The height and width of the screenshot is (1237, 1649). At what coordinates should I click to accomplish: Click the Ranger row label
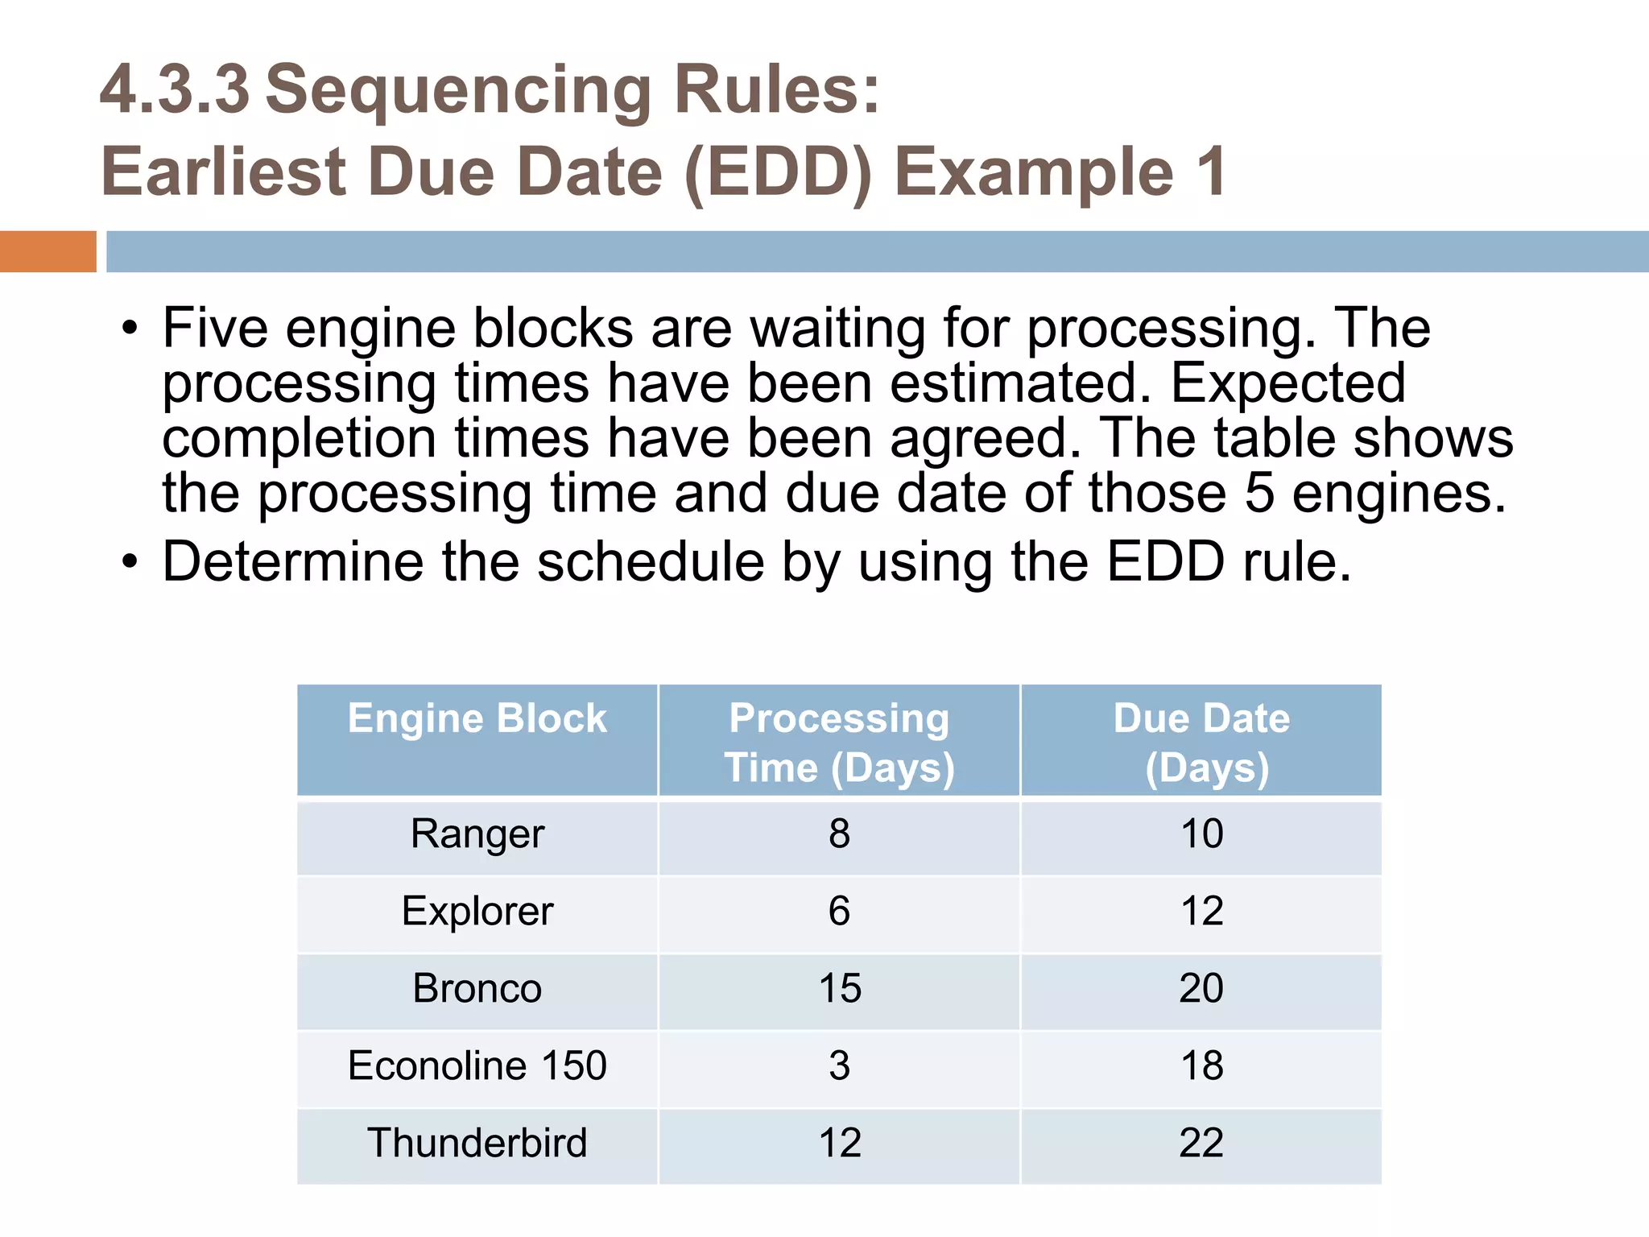(477, 834)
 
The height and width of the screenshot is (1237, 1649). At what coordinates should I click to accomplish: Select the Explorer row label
(477, 912)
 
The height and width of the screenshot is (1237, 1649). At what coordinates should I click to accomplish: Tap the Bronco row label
(477, 989)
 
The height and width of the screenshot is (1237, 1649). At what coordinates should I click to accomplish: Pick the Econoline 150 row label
(477, 1066)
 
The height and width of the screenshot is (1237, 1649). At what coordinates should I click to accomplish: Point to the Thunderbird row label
(477, 1144)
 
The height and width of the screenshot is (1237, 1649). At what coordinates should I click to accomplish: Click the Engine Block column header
(477, 718)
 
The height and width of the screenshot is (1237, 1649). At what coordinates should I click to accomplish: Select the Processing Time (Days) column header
(839, 742)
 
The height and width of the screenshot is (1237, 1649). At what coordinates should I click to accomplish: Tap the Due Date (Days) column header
(1201, 742)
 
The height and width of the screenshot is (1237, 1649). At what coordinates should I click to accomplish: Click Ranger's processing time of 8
(839, 834)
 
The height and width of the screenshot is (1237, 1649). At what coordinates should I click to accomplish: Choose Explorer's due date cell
(1201, 912)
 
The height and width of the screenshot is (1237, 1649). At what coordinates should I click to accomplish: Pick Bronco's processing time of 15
(839, 989)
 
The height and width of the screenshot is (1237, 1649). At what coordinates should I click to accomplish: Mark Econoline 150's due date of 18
(1201, 1066)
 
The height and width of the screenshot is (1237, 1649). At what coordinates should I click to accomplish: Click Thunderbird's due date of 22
(1201, 1144)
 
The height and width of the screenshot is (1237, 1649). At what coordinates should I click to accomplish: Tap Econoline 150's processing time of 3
(839, 1066)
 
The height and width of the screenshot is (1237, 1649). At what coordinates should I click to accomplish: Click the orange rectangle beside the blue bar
(48, 251)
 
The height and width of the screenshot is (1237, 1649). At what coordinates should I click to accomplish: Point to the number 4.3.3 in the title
(175, 89)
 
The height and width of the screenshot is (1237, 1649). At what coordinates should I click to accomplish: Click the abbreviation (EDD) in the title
(778, 172)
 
